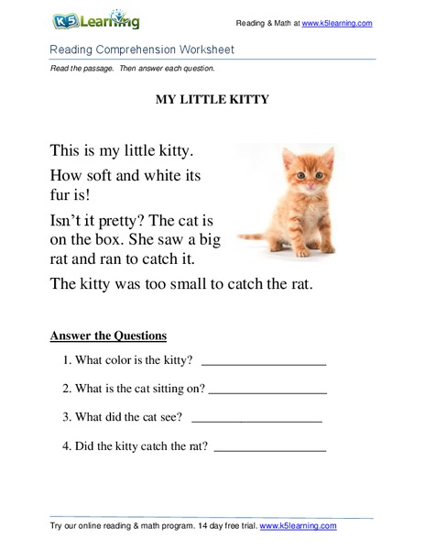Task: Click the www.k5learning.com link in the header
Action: point(336,22)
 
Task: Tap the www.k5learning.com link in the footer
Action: point(298,526)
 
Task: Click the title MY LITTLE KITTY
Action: point(212,100)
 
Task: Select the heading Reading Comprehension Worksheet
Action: point(142,49)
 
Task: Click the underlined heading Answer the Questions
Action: point(108,335)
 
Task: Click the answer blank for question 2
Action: point(267,391)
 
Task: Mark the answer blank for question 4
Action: point(269,450)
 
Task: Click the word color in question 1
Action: point(121,360)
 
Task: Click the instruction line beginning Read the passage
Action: point(132,69)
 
